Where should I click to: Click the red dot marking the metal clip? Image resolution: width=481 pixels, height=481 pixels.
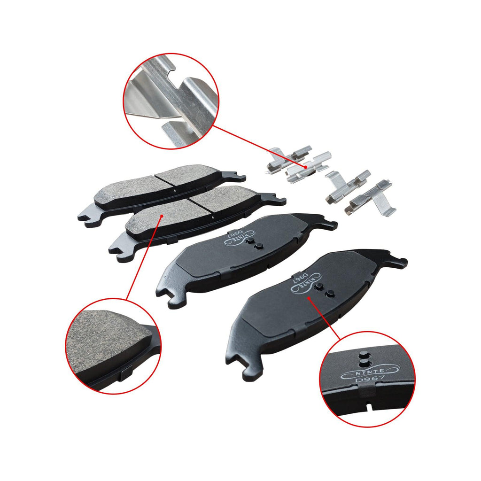point(305,167)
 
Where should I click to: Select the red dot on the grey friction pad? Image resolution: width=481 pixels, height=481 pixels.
point(162,216)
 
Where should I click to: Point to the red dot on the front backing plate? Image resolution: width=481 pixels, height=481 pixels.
point(308,297)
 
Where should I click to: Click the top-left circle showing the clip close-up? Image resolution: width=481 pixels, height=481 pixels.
point(171,101)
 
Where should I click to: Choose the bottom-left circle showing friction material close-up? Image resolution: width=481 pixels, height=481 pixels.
point(113,346)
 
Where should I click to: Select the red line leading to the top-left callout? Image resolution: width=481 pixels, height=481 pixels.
point(256,146)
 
